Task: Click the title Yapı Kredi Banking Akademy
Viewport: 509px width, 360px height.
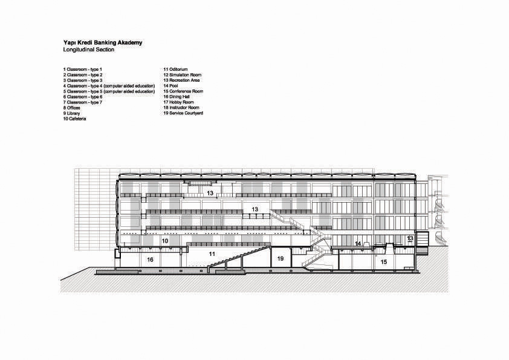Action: (x=103, y=43)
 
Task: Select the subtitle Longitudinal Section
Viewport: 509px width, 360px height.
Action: (x=89, y=50)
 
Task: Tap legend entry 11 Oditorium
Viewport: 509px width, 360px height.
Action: (x=176, y=69)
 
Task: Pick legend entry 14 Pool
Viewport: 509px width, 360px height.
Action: (x=170, y=86)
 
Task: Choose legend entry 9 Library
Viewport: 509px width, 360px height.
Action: (x=71, y=113)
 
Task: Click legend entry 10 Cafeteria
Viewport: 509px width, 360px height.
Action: (x=75, y=119)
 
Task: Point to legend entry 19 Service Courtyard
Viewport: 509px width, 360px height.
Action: (x=183, y=113)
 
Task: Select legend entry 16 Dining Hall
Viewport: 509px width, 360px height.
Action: (x=177, y=96)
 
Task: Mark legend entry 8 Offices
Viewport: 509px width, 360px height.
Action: (x=72, y=108)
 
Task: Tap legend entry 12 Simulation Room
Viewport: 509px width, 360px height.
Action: (x=183, y=75)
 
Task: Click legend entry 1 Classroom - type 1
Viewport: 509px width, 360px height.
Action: (x=82, y=69)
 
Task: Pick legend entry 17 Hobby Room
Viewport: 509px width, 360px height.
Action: (x=178, y=102)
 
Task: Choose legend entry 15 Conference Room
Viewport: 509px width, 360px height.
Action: (x=183, y=91)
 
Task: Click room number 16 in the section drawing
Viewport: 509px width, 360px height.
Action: (x=151, y=260)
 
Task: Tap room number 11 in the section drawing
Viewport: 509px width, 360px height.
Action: (x=212, y=254)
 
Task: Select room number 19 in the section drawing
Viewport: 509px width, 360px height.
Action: (x=280, y=258)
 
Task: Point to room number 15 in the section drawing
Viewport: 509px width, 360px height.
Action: (x=384, y=261)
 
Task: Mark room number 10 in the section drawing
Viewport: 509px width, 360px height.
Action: (x=165, y=241)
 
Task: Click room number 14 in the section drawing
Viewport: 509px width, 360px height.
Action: (x=358, y=243)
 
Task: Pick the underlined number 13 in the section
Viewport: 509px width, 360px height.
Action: (x=410, y=239)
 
